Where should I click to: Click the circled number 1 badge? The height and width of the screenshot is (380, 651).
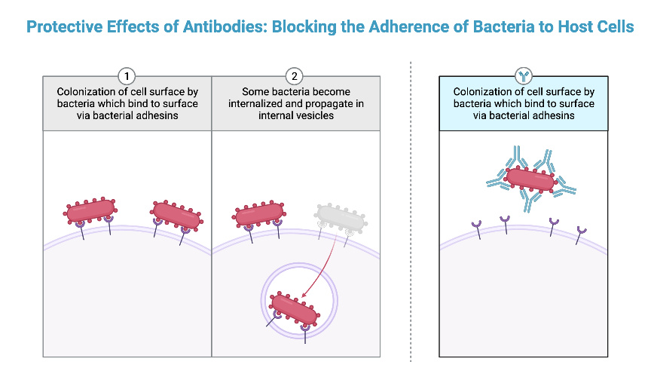127,76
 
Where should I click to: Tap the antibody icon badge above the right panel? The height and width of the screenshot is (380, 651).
523,76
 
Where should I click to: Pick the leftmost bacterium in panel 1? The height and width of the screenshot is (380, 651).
90,210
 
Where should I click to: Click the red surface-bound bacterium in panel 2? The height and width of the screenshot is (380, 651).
258,214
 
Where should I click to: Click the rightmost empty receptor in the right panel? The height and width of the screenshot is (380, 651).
580,233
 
